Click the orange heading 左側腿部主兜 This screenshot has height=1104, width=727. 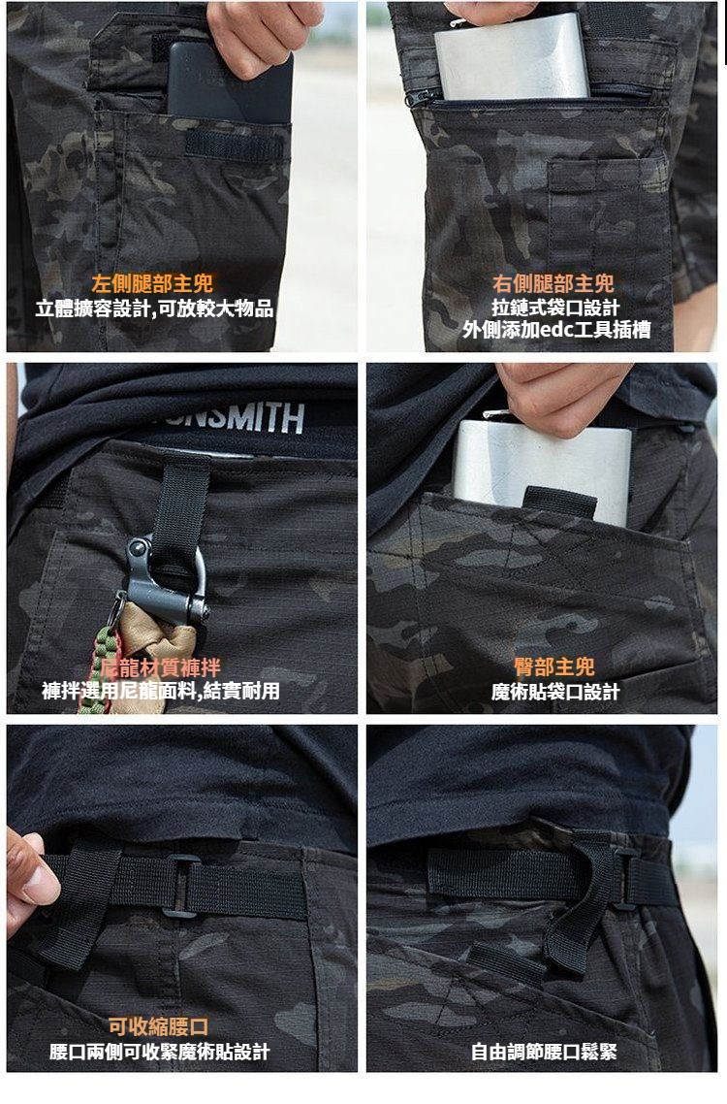click(x=152, y=283)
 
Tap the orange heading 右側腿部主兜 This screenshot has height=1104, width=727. click(x=553, y=283)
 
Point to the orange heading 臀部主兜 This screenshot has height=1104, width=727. click(x=553, y=666)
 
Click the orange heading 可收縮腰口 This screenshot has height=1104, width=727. click(x=158, y=1026)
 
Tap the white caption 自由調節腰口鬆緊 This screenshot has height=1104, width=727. click(x=544, y=1052)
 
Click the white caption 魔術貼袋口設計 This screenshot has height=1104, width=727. click(x=555, y=692)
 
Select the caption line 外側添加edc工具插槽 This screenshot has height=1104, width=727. click(x=556, y=330)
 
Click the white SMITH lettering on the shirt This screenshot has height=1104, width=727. click(x=262, y=418)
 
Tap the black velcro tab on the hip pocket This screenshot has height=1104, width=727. click(x=559, y=502)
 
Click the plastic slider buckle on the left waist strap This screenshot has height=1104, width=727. click(x=181, y=886)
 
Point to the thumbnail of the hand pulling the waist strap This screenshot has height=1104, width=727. click(x=32, y=881)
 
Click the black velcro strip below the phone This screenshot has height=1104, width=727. click(x=235, y=146)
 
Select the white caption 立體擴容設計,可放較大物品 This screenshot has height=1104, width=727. click(x=155, y=308)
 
